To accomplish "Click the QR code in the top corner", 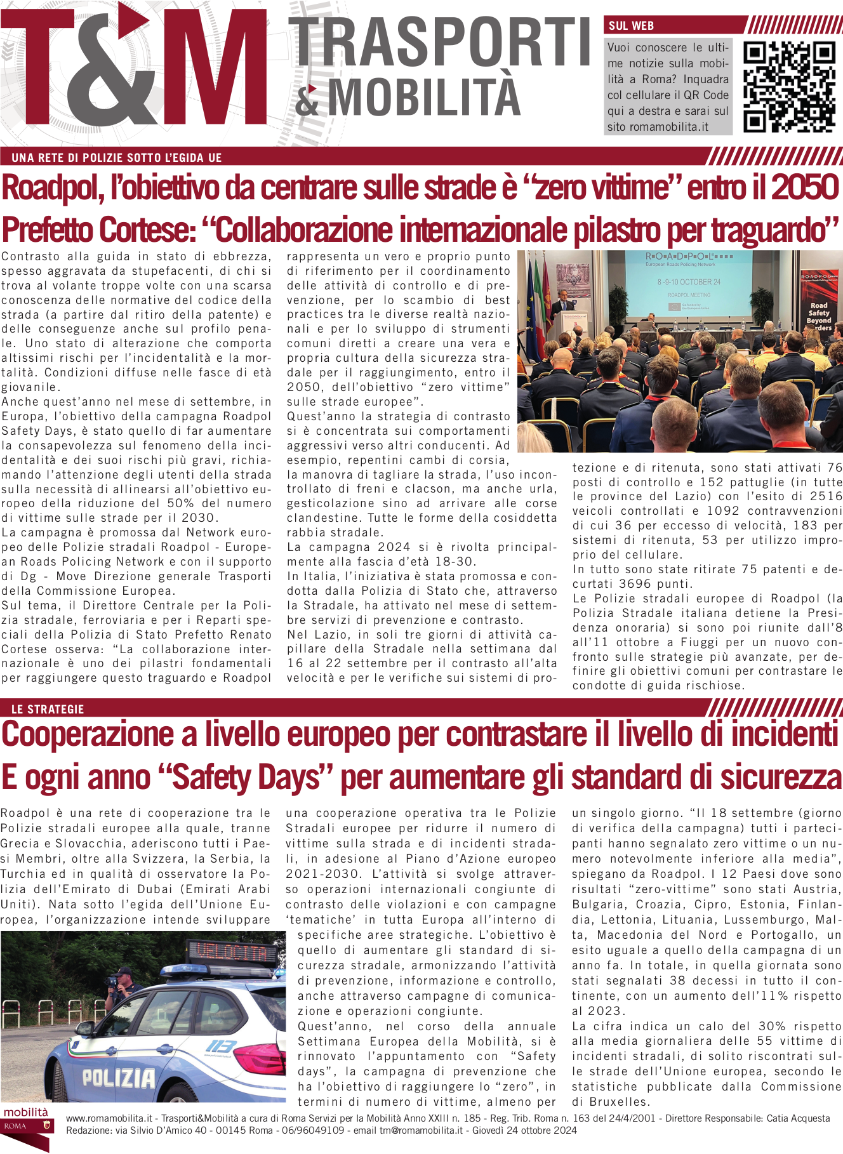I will coord(790,87).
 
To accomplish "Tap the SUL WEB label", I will coord(631,26).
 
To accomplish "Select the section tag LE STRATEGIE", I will coord(48,709).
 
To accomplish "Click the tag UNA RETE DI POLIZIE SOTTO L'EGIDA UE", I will coord(117,157).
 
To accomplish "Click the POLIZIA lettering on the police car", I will coord(118,1077).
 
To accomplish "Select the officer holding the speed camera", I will coord(124,990).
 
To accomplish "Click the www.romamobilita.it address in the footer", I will coord(109,1118).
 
